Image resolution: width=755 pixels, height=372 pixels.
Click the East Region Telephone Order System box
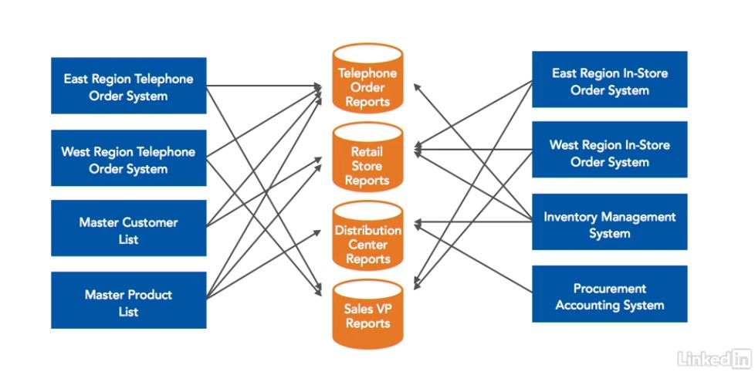click(128, 86)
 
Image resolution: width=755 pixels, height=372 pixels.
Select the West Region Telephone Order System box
click(128, 158)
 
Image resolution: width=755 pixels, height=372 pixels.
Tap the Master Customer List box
click(128, 229)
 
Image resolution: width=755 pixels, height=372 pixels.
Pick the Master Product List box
click(128, 301)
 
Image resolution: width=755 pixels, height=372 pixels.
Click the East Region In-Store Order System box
click(609, 80)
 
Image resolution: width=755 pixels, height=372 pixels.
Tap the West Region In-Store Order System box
click(609, 152)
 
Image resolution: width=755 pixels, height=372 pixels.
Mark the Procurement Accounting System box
click(609, 296)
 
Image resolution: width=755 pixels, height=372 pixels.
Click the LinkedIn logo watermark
click(714, 358)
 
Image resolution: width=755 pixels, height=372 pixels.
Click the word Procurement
click(610, 289)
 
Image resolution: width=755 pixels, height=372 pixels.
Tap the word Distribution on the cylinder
click(367, 230)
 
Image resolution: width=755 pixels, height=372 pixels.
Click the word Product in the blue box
click(150, 295)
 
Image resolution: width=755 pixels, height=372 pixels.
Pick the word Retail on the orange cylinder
click(367, 151)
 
